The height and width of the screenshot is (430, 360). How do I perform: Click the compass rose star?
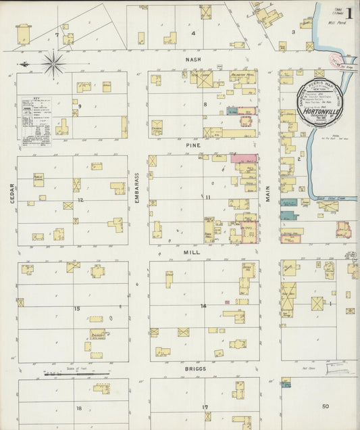53,64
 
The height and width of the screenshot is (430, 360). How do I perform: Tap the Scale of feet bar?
76,372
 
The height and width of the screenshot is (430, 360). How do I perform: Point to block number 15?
78,309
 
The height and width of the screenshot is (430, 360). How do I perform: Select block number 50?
325,406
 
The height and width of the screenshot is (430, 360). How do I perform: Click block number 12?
80,200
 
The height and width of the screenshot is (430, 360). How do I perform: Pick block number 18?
79,408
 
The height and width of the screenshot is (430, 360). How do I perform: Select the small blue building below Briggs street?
286,383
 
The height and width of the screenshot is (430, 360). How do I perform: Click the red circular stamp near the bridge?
335,61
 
